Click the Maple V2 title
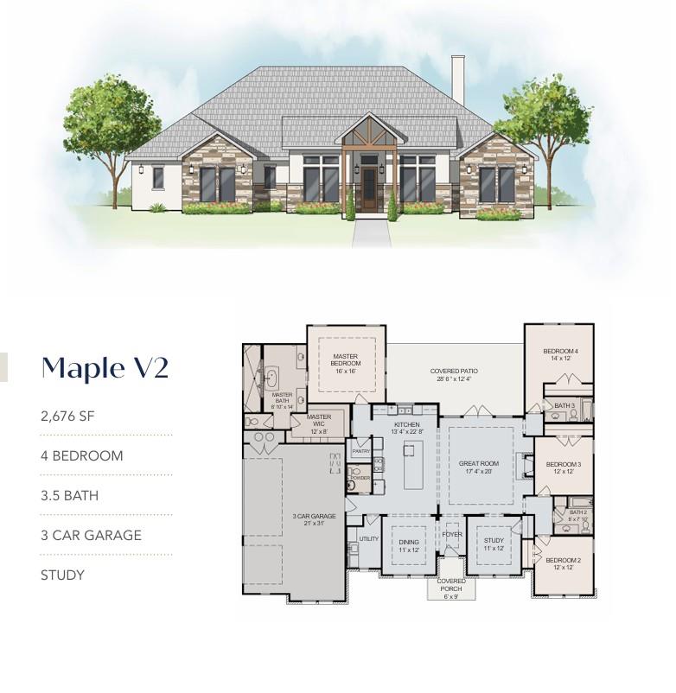(105, 367)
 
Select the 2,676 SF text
(67, 416)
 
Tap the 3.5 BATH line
(69, 496)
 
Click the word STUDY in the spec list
(62, 575)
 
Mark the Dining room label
(408, 546)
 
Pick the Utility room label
(369, 538)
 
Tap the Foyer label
(451, 535)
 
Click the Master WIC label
(319, 422)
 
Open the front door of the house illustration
(369, 190)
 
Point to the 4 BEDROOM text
(81, 455)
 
